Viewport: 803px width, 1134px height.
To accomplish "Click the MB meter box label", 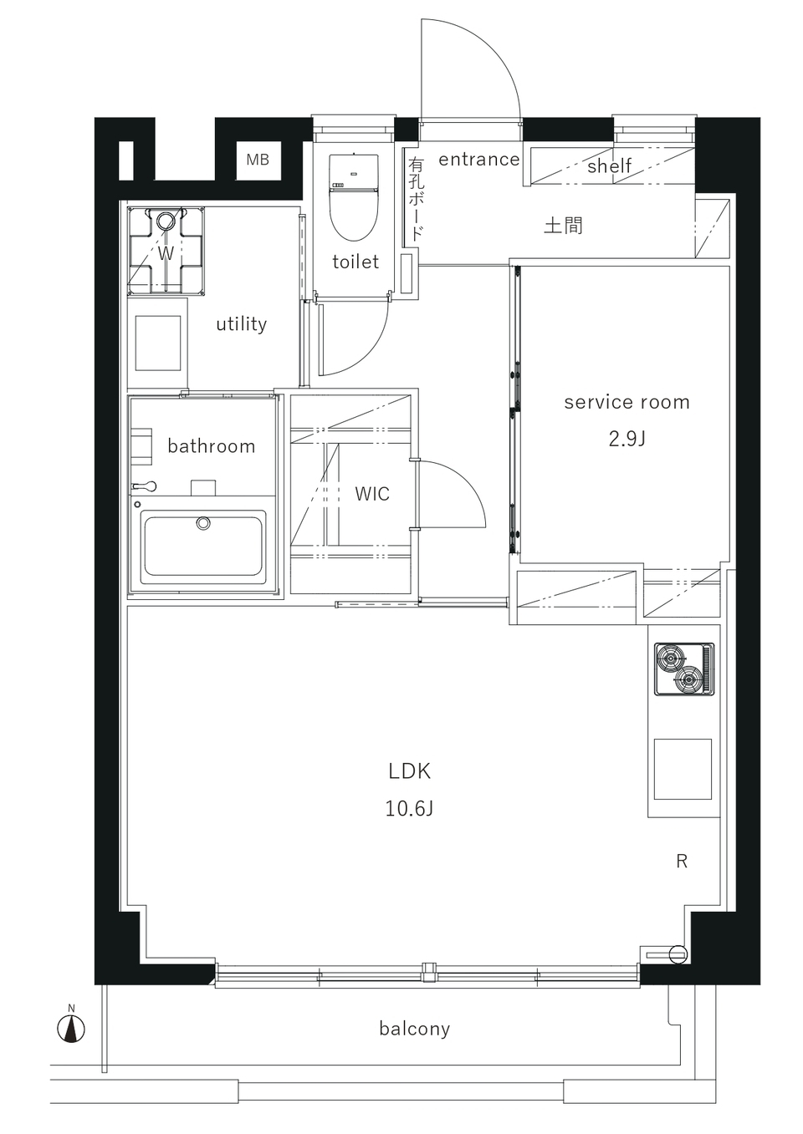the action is click(x=258, y=160).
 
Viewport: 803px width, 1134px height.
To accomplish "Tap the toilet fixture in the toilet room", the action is click(x=354, y=198).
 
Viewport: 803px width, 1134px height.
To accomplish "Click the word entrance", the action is click(x=478, y=160).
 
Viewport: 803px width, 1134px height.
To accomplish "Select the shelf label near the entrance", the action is click(x=609, y=165).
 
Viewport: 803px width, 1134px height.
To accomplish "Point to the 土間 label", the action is click(x=563, y=226).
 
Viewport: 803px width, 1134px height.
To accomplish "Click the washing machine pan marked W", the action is click(x=166, y=251).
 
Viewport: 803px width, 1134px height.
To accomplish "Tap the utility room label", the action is click(x=241, y=324).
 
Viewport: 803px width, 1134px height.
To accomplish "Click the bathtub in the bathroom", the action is click(x=203, y=542).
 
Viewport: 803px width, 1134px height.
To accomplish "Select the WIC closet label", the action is click(x=372, y=494).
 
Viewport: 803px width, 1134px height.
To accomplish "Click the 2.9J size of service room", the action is click(x=627, y=439).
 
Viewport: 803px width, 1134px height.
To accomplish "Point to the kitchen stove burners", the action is click(x=684, y=669).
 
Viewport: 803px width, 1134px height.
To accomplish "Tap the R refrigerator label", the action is click(x=682, y=861).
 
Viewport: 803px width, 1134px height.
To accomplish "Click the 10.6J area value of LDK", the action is click(x=409, y=808).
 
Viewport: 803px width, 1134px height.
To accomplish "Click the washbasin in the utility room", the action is click(x=158, y=343).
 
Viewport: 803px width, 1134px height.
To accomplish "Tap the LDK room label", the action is click(x=409, y=771).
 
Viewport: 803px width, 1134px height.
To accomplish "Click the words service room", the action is click(x=627, y=403).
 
